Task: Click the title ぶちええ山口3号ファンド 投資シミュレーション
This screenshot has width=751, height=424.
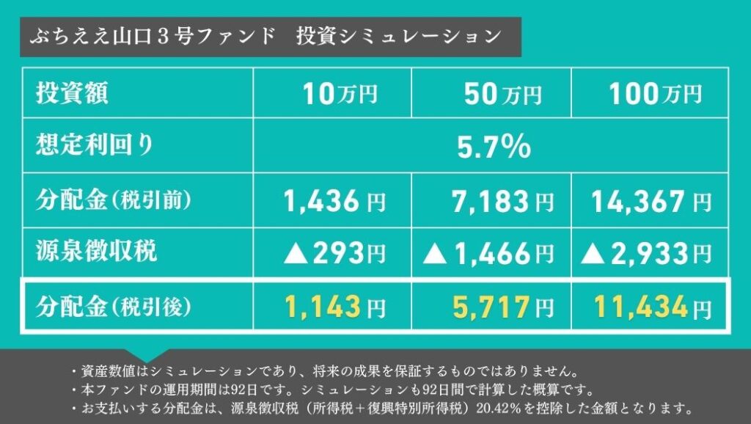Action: click(265, 37)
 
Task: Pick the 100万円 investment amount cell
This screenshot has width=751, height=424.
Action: click(654, 93)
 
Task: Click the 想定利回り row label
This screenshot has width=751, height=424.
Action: click(95, 145)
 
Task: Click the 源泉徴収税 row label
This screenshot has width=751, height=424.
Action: click(96, 252)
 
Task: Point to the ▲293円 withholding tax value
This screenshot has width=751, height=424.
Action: click(334, 254)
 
